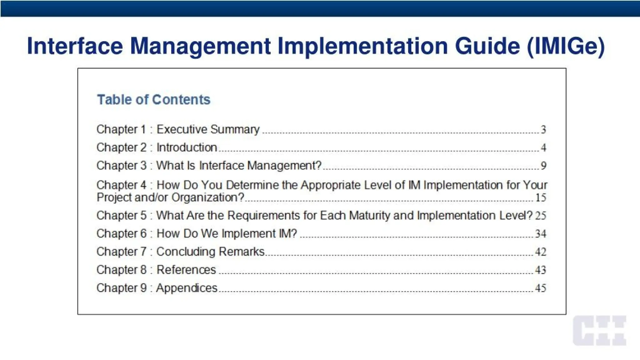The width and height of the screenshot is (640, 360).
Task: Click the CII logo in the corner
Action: click(599, 331)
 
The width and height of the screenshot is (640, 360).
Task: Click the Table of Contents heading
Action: click(153, 100)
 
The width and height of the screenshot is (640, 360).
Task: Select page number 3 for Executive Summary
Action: click(543, 130)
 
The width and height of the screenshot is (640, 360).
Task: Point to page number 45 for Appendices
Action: click(541, 288)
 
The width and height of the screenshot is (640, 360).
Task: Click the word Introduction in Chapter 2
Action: click(187, 147)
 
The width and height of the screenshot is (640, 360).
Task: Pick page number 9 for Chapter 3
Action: click(543, 166)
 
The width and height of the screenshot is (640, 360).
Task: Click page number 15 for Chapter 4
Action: click(541, 198)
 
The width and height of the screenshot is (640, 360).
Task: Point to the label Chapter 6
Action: click(121, 234)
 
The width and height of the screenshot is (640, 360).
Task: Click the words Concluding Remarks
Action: click(210, 252)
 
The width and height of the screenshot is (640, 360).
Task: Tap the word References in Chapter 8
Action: click(186, 270)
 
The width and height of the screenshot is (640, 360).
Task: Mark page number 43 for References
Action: click(541, 270)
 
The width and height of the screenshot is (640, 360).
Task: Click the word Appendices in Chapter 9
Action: click(187, 288)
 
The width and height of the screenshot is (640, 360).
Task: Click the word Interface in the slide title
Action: click(75, 46)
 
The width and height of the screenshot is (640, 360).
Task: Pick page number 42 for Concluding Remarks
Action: click(541, 252)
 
